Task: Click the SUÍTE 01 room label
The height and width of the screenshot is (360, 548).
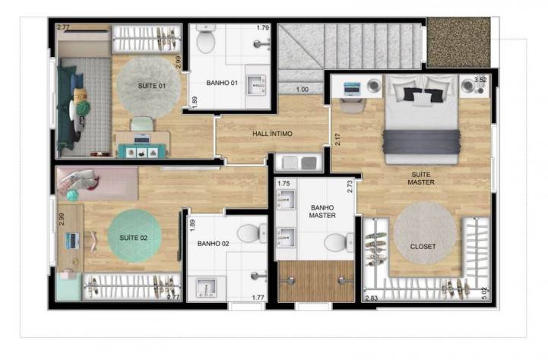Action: [152, 86]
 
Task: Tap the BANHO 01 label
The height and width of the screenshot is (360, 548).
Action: [222, 83]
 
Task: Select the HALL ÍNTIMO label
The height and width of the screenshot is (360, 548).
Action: [272, 134]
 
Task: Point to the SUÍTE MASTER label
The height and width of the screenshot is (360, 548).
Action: [421, 178]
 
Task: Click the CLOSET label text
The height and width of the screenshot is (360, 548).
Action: [423, 247]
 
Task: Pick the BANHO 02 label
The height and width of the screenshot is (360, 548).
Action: [213, 243]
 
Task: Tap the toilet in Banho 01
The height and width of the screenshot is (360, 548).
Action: [205, 39]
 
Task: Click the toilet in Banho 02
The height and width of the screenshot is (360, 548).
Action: [252, 233]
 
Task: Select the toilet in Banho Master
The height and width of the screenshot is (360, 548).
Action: [339, 242]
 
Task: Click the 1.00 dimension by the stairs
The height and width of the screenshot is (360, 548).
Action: [303, 90]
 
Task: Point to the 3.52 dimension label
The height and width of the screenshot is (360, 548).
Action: [480, 80]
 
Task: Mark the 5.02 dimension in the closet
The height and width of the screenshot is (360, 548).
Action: [484, 293]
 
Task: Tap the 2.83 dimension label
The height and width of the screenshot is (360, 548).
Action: [372, 298]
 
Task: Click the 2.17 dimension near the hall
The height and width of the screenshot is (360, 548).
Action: [337, 139]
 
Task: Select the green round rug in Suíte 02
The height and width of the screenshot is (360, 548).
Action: [135, 235]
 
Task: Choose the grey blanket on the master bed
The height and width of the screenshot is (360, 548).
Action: [421, 142]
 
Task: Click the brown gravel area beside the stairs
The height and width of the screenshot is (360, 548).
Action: [458, 42]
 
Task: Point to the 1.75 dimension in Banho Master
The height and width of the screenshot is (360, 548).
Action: [284, 183]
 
